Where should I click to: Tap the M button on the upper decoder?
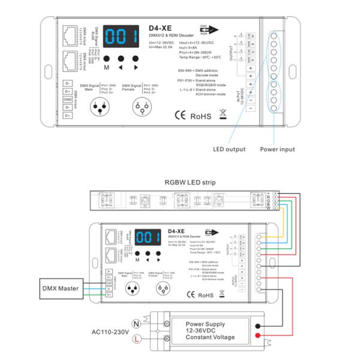coord(106,60)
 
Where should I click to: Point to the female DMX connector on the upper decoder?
coord(143,107)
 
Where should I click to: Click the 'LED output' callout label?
coord(230,149)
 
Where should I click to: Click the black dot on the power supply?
coord(257,326)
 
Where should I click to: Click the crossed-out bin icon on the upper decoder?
coord(223,112)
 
